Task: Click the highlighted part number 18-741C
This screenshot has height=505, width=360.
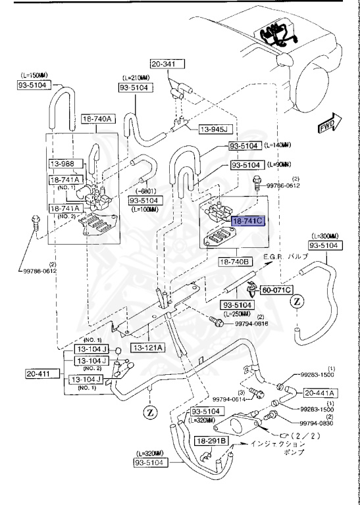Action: coord(247,222)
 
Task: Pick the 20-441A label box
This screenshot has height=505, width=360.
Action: coord(319,393)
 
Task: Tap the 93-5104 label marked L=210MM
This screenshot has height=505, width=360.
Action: coord(135,87)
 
